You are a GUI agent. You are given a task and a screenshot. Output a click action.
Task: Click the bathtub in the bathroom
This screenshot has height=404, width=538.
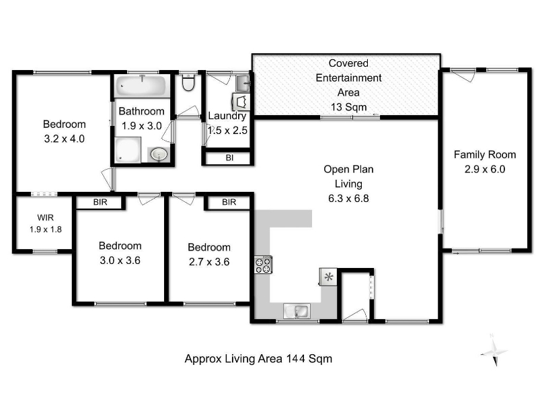(141, 86)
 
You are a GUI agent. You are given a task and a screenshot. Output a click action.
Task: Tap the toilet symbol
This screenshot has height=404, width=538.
(188, 82)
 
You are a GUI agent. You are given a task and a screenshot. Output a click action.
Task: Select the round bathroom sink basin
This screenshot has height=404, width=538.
(159, 154)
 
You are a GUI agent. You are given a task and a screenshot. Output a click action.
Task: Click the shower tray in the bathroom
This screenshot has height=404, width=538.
(128, 150)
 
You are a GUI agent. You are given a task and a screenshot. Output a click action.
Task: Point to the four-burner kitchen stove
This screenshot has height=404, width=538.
(264, 265)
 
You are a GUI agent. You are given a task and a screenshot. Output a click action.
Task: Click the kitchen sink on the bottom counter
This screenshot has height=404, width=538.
(297, 311)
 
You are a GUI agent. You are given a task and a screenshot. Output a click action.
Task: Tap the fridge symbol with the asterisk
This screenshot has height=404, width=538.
(328, 277)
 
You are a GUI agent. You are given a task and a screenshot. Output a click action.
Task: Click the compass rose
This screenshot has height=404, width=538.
(494, 351)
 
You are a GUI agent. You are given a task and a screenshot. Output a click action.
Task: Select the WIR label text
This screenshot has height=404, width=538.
(45, 217)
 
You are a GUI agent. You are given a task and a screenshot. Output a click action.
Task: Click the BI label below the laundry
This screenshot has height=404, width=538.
(229, 158)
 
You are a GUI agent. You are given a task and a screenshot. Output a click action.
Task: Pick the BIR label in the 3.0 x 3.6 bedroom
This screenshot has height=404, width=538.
(100, 202)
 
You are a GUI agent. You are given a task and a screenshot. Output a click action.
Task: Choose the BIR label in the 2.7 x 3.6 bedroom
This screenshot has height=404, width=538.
(229, 202)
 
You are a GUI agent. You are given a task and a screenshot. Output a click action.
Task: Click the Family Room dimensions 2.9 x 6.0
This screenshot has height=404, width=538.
(484, 170)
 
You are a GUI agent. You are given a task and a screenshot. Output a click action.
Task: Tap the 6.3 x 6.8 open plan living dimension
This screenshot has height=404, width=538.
(348, 199)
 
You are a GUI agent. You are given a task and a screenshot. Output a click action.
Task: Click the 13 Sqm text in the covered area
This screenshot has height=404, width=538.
(348, 107)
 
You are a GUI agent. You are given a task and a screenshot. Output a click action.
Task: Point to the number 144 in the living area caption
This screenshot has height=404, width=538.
(295, 359)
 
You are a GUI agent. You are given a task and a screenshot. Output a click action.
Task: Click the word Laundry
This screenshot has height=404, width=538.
(227, 116)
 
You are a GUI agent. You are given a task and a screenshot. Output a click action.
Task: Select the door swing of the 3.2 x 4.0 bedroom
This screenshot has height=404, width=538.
(108, 179)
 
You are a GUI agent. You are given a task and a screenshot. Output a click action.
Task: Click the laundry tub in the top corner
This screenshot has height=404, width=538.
(243, 82)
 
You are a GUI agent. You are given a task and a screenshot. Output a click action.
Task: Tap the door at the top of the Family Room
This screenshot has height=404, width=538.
(463, 75)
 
